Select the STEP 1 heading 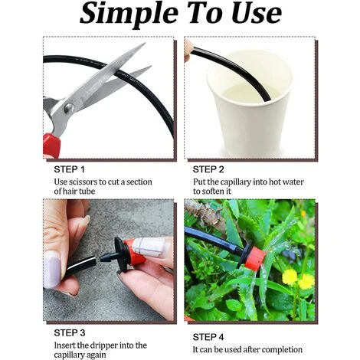point(69,169)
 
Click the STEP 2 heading point(208,169)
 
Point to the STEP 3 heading point(70,333)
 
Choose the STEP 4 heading point(208,337)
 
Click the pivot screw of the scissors point(69,108)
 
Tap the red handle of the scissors point(51,145)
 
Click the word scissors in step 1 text point(83,182)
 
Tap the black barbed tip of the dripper point(106,257)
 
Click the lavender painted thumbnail point(52,270)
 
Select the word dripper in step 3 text point(103,346)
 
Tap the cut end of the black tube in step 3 point(94,261)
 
